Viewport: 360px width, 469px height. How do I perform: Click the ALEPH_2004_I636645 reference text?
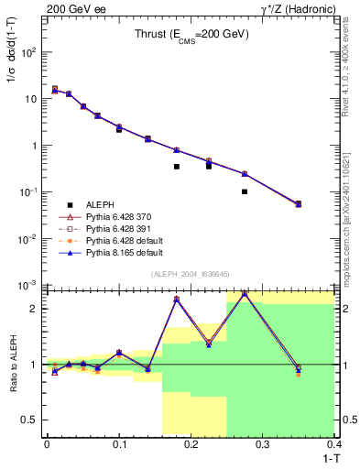coord(190,275)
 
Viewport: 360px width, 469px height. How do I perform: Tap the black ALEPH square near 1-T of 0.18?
coord(177,167)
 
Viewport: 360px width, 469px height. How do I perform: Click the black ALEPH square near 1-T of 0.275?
coord(245,191)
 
